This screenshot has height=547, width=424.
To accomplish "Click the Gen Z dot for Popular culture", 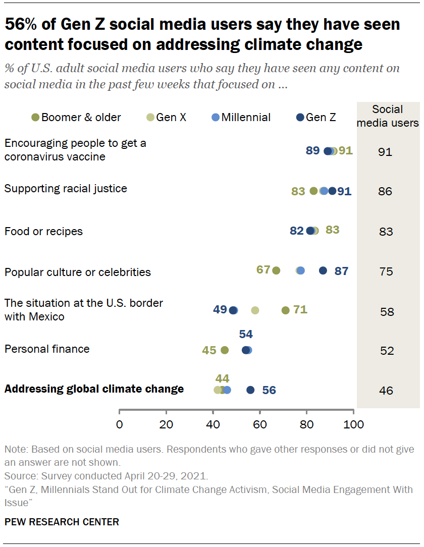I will tap(323, 270).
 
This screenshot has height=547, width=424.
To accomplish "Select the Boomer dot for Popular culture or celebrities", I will tap(276, 270).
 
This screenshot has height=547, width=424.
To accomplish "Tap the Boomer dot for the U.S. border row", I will tap(286, 310).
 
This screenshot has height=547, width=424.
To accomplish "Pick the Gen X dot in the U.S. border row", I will tap(255, 310).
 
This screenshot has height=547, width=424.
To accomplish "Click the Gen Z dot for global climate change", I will tap(250, 390).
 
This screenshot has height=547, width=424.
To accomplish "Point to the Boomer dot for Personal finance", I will tap(225, 350).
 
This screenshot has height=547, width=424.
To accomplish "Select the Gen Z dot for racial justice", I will tap(332, 191).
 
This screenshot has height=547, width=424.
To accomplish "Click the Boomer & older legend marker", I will tap(35, 118).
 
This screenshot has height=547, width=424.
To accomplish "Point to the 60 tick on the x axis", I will tap(260, 424).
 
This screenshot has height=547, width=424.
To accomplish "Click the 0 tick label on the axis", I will tap(120, 424).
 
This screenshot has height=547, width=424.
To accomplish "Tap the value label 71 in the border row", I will tap(300, 309).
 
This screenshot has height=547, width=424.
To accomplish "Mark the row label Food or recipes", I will tap(43, 232).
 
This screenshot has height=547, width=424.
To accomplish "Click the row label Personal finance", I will tap(47, 349).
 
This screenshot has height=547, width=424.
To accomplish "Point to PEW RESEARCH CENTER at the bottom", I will tap(62, 522).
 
